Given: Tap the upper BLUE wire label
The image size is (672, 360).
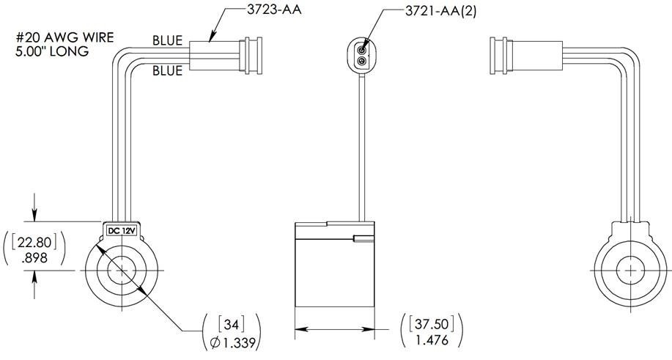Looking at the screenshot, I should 168,41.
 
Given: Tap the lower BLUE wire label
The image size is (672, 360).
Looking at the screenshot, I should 168,71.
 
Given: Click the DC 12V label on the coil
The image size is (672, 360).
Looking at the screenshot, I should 121,230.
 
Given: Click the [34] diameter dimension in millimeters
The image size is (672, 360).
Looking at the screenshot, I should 231,324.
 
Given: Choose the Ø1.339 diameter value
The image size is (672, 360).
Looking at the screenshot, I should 231,342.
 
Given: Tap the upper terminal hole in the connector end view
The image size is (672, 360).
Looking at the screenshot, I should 361,52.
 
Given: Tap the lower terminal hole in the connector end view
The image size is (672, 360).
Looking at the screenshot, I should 361,63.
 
